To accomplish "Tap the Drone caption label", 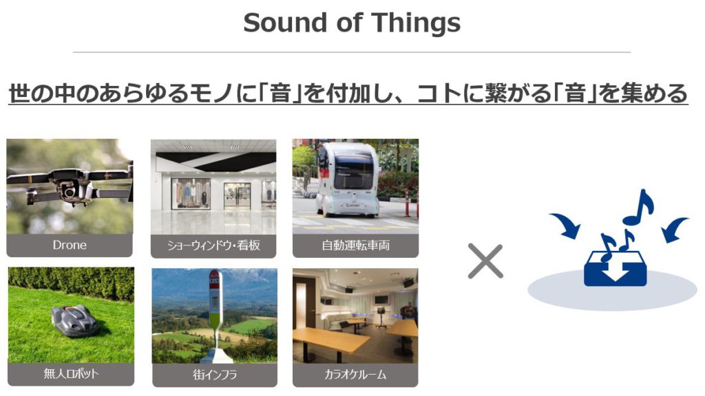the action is [x=70, y=245].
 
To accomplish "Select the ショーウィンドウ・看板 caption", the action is [x=213, y=245].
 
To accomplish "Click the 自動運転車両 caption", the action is [x=356, y=245].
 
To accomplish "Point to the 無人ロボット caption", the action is [x=71, y=373].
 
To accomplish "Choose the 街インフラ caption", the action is [x=215, y=375].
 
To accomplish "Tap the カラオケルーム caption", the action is [x=355, y=375].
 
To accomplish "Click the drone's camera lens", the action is [x=69, y=192].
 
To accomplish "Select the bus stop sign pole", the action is [x=215, y=314].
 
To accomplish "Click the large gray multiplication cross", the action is [x=485, y=261].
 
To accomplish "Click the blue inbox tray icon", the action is [x=615, y=269].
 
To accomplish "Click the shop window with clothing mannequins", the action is [x=191, y=193].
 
